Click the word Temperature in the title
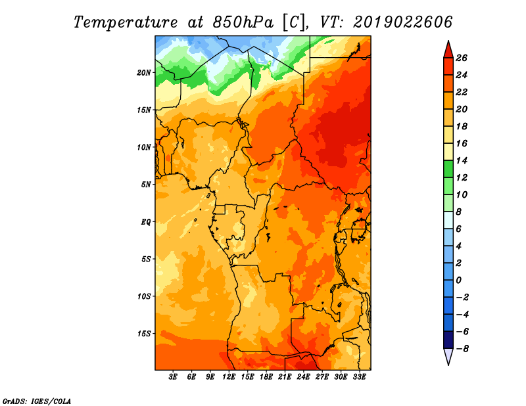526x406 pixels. click(126, 22)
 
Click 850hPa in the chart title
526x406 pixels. click(243, 22)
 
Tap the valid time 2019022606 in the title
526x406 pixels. click(403, 22)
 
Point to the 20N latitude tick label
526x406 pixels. click(144, 73)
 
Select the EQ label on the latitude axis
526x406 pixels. click(146, 222)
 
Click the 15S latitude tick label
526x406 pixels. click(144, 334)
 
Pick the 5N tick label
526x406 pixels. click(146, 185)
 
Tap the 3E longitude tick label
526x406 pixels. click(173, 377)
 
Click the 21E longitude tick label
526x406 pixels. click(285, 377)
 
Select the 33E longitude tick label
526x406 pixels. click(359, 377)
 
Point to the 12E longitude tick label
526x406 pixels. click(229, 377)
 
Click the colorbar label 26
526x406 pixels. click(462, 58)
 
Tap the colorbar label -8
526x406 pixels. click(462, 349)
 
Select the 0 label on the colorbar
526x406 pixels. click(458, 281)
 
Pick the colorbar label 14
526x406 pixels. click(462, 160)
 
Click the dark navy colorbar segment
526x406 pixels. click(448, 340)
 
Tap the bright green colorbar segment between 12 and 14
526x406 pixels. click(448, 169)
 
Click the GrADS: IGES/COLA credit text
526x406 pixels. click(37, 401)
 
